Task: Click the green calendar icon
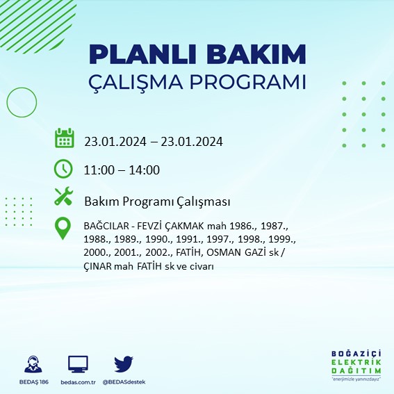[64, 138]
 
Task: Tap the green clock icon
[63, 168]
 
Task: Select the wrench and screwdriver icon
[63, 197]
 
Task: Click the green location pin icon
[63, 229]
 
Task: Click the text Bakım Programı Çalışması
[157, 202]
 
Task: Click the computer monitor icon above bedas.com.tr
[79, 364]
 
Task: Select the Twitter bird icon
[124, 363]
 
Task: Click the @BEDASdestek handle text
[124, 382]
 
